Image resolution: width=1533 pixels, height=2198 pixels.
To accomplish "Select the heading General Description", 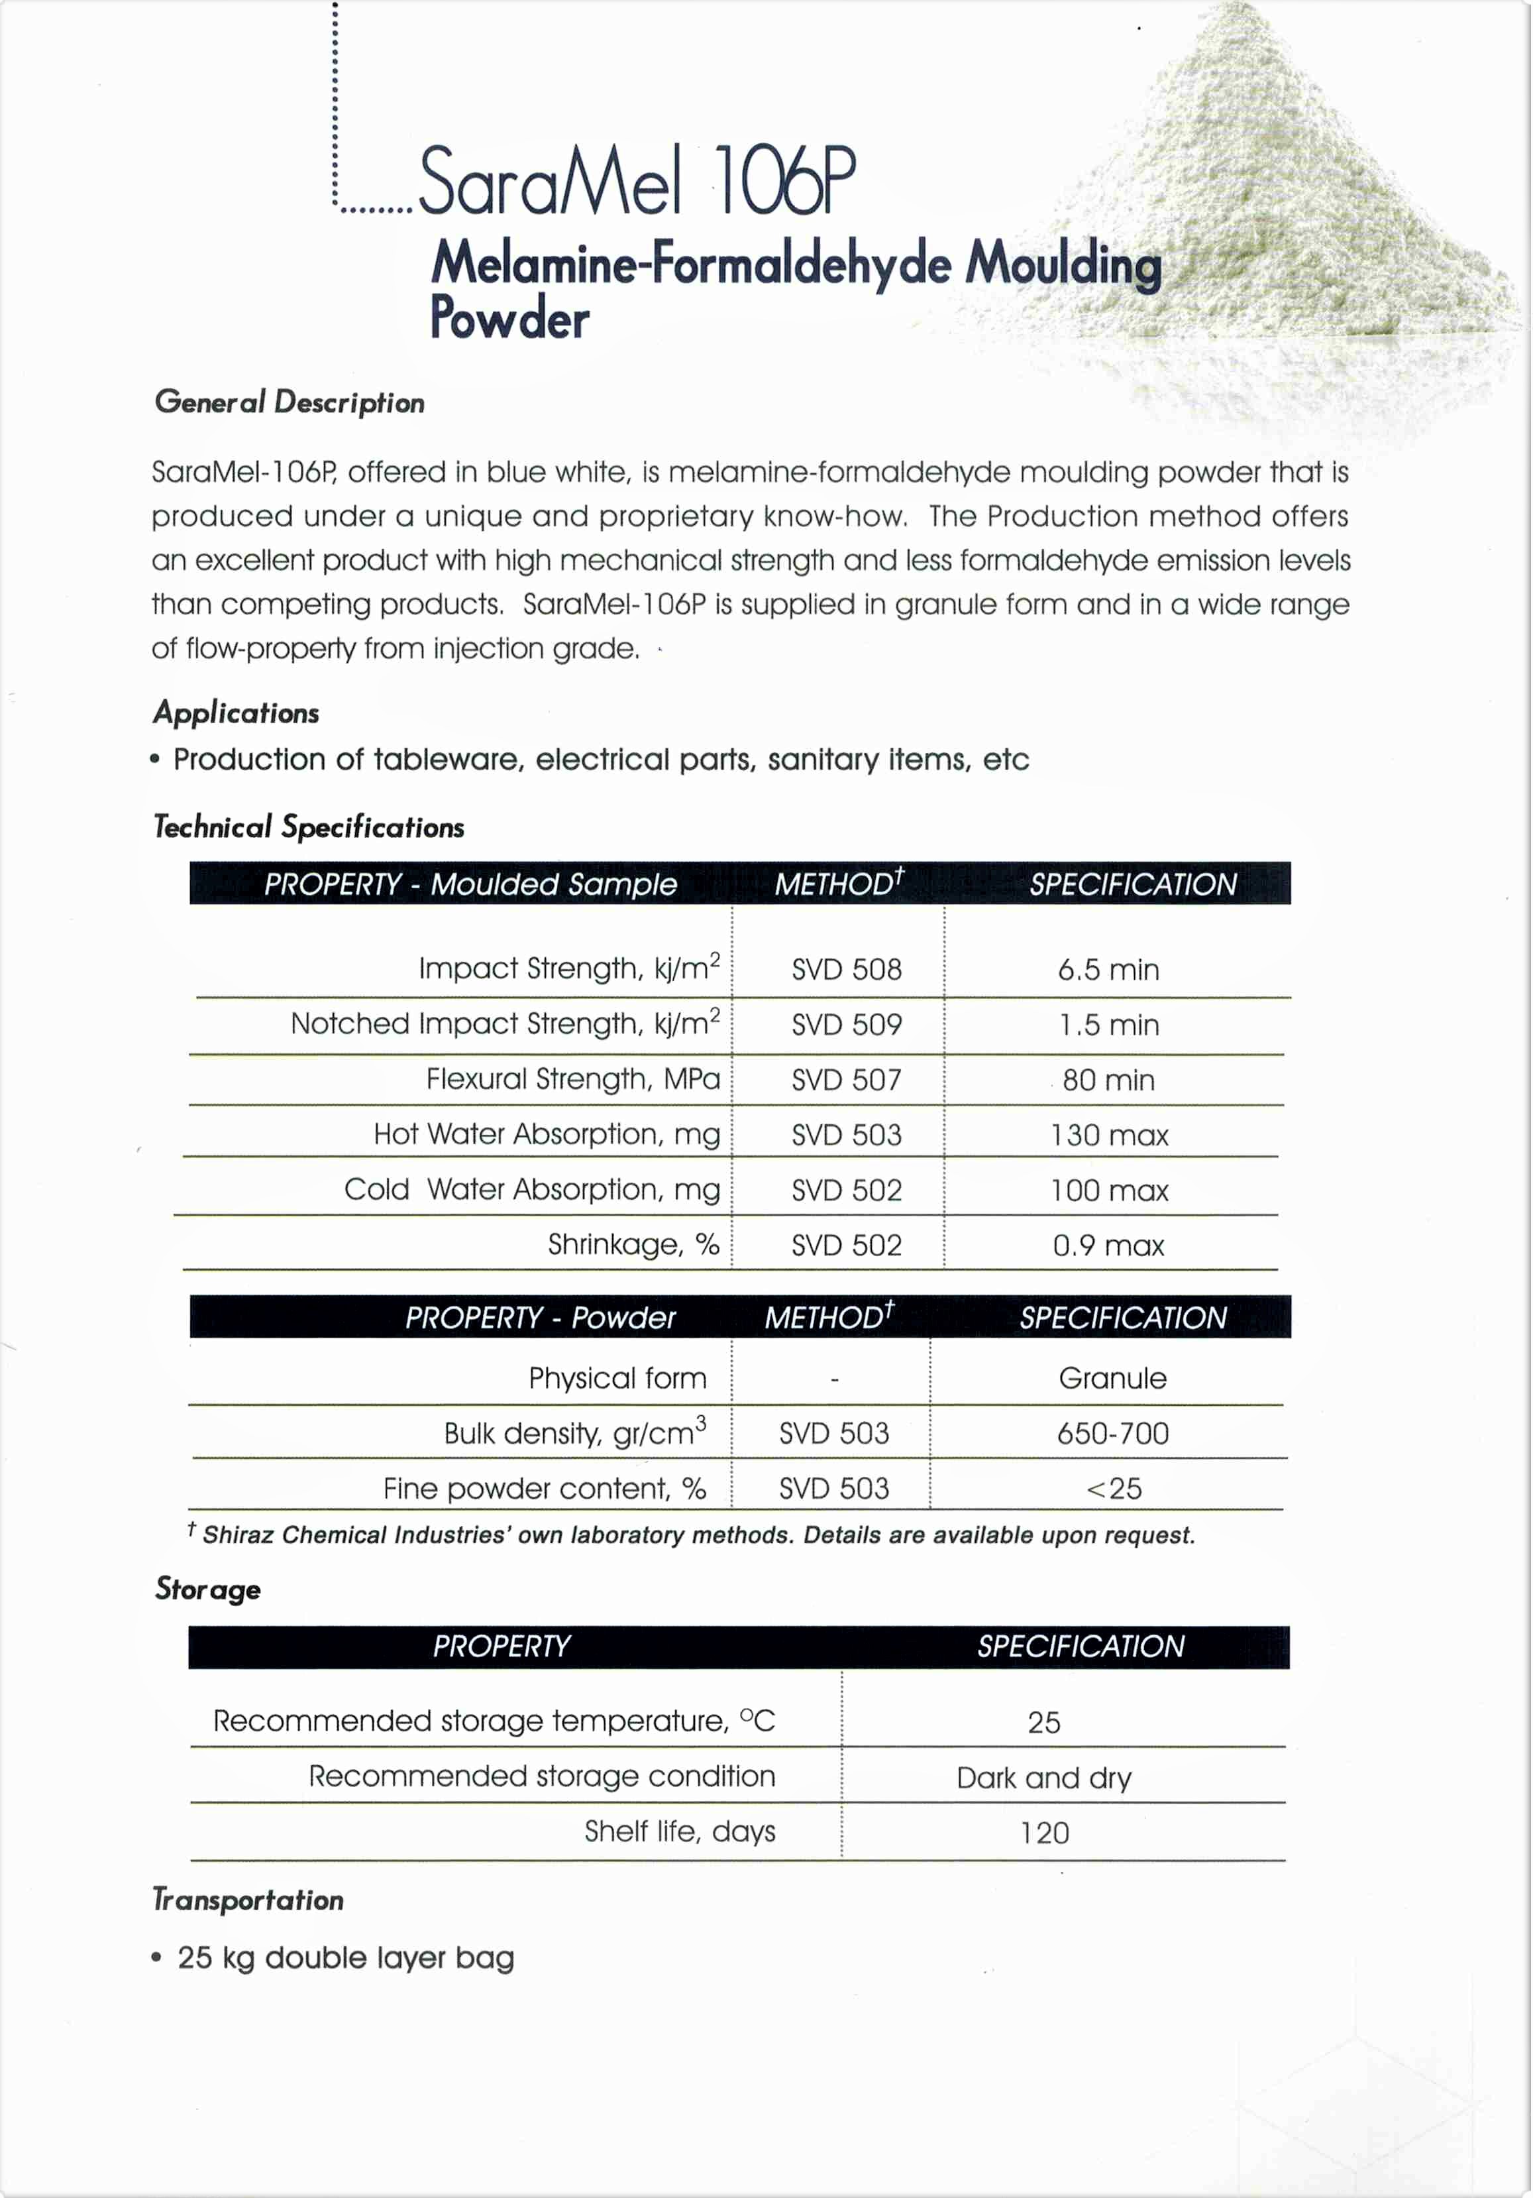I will click(289, 402).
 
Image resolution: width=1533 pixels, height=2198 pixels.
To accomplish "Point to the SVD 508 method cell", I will click(846, 970).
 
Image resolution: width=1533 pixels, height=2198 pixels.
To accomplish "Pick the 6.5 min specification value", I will click(1108, 970).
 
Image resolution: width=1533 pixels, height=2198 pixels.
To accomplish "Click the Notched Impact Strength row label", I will click(504, 1023).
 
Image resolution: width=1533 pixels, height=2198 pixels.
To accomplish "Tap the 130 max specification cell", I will click(1108, 1135).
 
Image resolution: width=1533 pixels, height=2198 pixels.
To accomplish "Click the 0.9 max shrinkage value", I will click(1108, 1245).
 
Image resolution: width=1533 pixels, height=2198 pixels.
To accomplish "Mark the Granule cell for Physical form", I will click(1112, 1379).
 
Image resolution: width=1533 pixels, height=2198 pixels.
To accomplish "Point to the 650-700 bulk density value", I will click(1112, 1433).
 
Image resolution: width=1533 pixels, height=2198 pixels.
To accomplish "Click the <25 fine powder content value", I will click(1114, 1489).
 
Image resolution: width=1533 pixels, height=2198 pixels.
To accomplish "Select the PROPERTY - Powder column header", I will click(540, 1318).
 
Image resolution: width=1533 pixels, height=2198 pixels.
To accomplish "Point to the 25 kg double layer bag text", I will click(345, 1957).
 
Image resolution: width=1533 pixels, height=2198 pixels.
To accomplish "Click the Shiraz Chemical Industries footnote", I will click(698, 1536).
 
